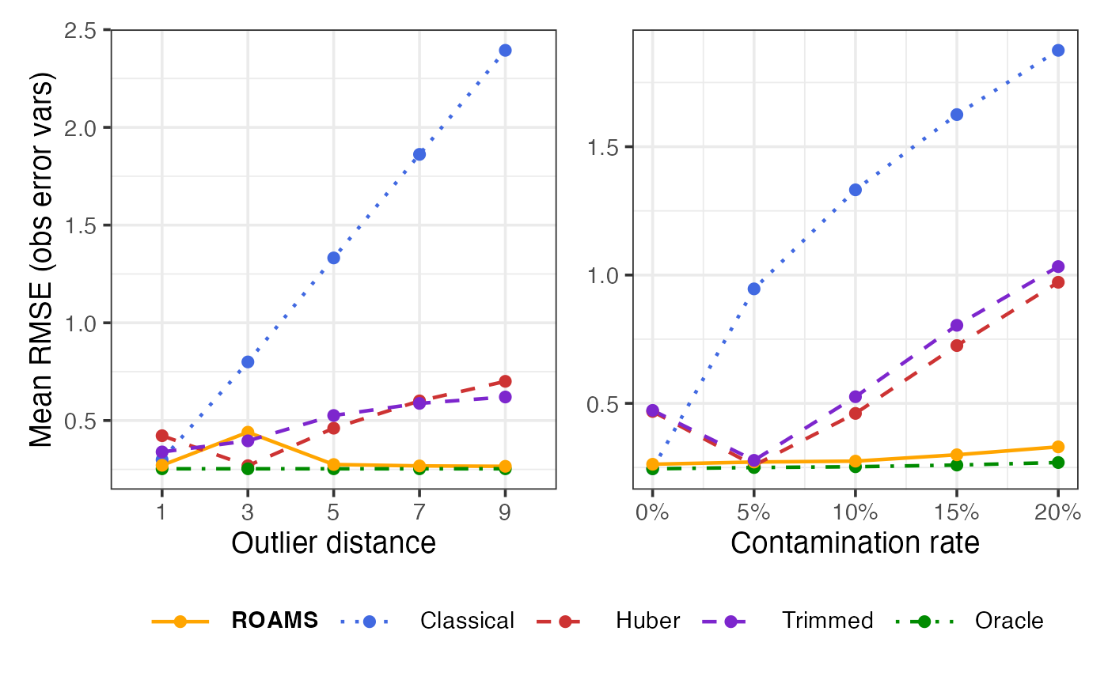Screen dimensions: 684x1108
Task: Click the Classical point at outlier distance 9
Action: [505, 51]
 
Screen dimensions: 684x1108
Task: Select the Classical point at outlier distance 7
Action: [419, 154]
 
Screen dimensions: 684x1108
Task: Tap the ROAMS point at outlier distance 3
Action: [248, 433]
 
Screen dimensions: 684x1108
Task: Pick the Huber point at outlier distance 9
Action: [505, 381]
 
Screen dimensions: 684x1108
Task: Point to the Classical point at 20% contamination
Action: [1058, 51]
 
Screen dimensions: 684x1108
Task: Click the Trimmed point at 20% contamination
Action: [1058, 266]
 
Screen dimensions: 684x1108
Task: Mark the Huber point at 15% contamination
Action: [957, 346]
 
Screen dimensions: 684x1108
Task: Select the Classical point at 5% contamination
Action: [754, 289]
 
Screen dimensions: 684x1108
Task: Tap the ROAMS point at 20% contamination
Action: [1058, 447]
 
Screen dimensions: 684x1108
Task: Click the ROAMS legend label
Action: [275, 621]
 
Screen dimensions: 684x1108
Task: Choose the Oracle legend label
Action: [1009, 621]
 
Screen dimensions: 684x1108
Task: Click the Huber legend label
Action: [647, 621]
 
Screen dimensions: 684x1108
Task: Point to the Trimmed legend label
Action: [827, 621]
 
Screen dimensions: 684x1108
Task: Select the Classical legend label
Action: [467, 621]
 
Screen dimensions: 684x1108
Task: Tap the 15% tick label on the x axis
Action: [957, 512]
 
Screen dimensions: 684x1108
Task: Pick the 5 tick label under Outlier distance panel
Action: [333, 512]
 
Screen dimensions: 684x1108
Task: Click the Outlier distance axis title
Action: [333, 544]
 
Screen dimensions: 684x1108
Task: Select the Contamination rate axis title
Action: [855, 544]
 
